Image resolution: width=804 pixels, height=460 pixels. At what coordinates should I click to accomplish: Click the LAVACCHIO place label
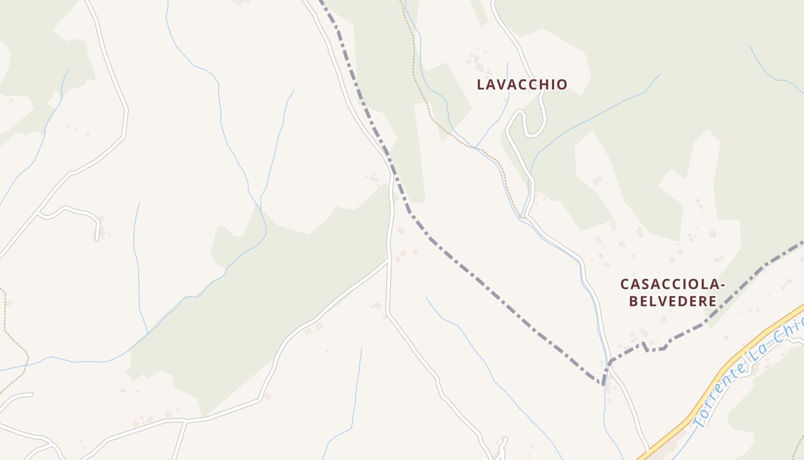point(522,85)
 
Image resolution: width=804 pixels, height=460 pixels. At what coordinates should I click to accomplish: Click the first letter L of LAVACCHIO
point(481,85)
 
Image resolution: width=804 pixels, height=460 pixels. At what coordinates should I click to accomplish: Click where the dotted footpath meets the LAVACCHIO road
point(524,217)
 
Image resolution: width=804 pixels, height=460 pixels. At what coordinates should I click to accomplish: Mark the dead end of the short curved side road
point(97,238)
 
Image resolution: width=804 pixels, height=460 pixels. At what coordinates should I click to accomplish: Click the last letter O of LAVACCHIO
point(563,85)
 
